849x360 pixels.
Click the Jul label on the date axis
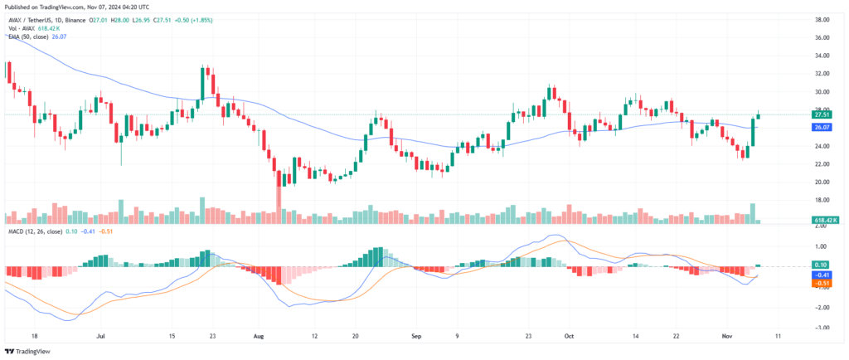(x=99, y=338)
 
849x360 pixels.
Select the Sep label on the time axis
(x=416, y=338)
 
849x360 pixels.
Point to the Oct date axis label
(x=569, y=338)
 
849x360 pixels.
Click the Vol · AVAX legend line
(x=29, y=27)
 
